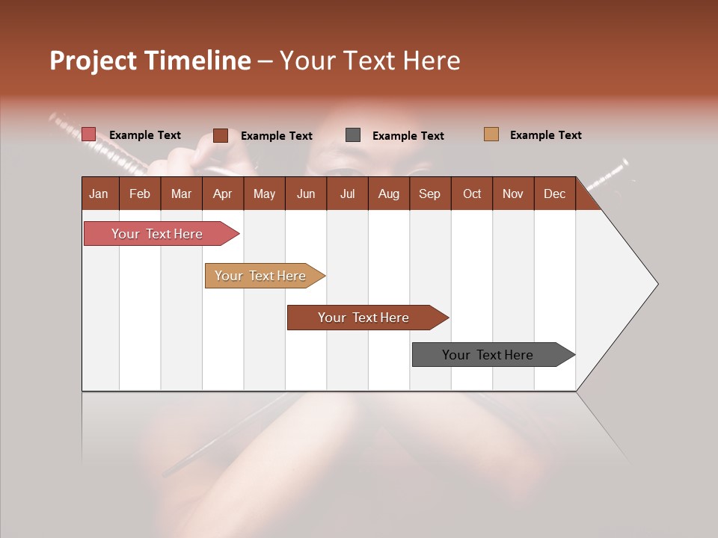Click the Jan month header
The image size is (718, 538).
point(99,194)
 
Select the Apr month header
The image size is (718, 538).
point(223,194)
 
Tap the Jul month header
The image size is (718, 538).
point(347,194)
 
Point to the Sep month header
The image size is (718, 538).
point(429,194)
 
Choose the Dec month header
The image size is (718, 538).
point(554,194)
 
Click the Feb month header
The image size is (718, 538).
point(140,194)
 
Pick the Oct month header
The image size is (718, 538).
point(471,194)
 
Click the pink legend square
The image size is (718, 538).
point(89,134)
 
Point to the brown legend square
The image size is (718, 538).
point(221,135)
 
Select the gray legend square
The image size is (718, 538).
point(353,135)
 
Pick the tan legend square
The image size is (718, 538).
point(491,134)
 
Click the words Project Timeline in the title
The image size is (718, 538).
point(150,61)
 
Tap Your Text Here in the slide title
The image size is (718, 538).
point(369,61)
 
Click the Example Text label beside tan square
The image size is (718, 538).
point(545,135)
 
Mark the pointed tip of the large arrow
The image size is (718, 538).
point(656,284)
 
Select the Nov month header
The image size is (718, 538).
point(512,194)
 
